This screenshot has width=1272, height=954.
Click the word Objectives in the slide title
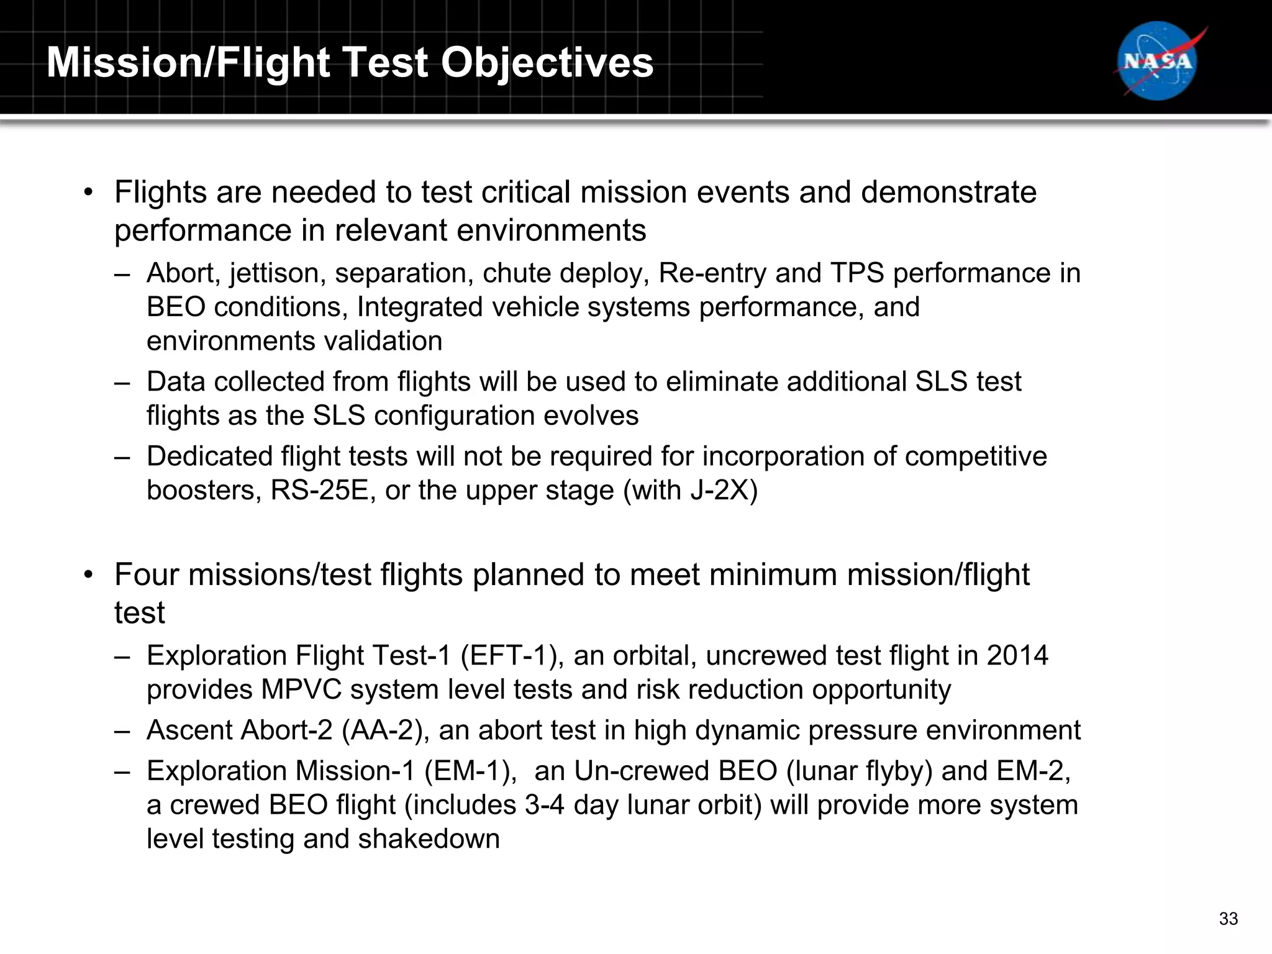click(x=547, y=63)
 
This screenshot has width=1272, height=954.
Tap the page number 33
click(x=1228, y=919)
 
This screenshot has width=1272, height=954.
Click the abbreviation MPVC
click(x=301, y=689)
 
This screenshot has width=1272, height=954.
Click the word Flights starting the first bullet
click(x=160, y=192)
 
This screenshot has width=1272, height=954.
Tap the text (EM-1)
click(x=471, y=771)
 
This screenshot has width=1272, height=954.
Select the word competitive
click(x=976, y=457)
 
